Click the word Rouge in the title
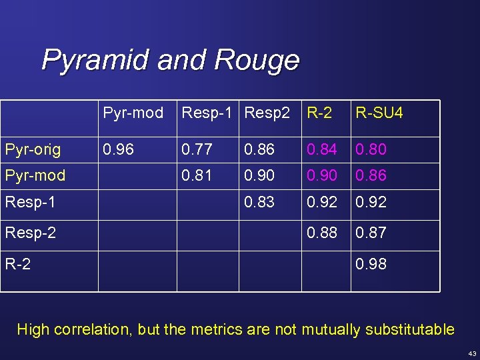(x=257, y=61)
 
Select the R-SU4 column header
(x=379, y=113)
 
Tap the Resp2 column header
(x=267, y=113)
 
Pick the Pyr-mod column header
(x=133, y=113)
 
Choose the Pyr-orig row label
(x=33, y=149)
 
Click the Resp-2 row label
(x=31, y=233)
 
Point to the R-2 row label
(x=18, y=264)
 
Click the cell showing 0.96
(x=118, y=149)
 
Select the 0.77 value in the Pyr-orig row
(x=197, y=149)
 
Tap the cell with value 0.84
(x=321, y=149)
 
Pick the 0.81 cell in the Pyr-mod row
(x=197, y=175)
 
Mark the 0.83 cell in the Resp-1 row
(x=259, y=202)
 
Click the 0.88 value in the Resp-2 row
(x=321, y=233)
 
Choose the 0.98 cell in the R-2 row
(x=371, y=264)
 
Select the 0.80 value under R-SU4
(x=371, y=149)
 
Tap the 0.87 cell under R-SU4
(x=371, y=233)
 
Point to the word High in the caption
(x=33, y=329)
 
